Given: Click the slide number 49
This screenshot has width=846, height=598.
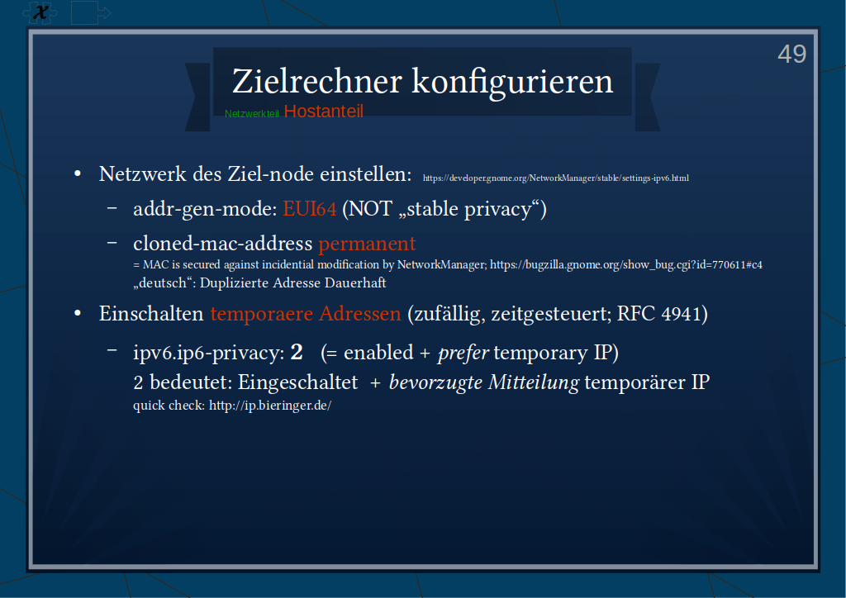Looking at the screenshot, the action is (791, 54).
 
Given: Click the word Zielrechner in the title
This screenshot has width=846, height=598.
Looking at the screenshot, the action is (317, 82).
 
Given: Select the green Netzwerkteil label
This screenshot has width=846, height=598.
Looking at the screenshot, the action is (251, 114).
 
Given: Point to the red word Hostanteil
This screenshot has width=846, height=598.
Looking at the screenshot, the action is (324, 111).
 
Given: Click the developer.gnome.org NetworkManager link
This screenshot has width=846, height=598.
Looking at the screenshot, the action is (556, 178).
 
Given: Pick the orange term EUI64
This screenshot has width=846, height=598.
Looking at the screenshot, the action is (310, 209).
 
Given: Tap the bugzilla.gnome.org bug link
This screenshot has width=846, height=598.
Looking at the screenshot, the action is (626, 265).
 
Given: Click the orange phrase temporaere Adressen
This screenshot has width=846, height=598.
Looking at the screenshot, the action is (306, 313).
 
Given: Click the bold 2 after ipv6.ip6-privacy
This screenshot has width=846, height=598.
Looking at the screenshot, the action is (297, 352).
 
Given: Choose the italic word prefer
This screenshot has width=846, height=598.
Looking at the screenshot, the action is (463, 354).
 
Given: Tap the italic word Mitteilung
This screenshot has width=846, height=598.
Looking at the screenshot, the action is (534, 382).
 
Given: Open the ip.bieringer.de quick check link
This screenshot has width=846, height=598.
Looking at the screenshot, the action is (270, 406).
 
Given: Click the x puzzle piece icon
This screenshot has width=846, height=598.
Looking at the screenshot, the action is (40, 12).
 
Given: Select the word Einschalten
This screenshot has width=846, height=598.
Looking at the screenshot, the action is (151, 313).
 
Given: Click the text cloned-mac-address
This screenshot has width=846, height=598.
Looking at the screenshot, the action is (223, 244).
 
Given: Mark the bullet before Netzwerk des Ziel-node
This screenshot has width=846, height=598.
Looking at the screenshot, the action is (78, 174).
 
